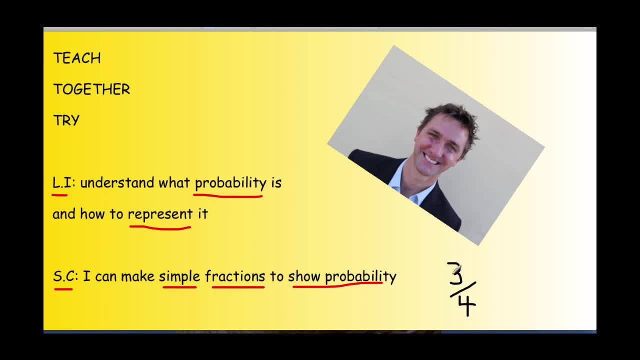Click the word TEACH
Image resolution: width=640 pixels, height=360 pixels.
coord(77,58)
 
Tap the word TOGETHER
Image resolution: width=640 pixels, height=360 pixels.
coord(91,89)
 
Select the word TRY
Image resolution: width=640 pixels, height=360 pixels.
coord(66,120)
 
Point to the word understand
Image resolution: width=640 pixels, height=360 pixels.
coord(117,183)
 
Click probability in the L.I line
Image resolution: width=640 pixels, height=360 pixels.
coord(230,183)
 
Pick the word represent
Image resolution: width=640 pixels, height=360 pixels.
coord(160,214)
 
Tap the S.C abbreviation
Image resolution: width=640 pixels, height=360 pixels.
coord(64,276)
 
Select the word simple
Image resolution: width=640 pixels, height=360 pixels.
coord(179,276)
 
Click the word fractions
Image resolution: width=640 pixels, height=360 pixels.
coord(235,276)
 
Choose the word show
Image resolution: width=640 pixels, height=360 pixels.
coord(304,276)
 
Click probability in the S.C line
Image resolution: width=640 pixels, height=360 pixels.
coord(360,276)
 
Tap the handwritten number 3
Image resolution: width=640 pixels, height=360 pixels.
coord(455,273)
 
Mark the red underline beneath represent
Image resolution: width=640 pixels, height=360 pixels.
coord(160,227)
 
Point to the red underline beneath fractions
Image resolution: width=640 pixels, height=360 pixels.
coord(238,287)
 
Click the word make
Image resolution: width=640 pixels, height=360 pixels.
coord(137,276)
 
